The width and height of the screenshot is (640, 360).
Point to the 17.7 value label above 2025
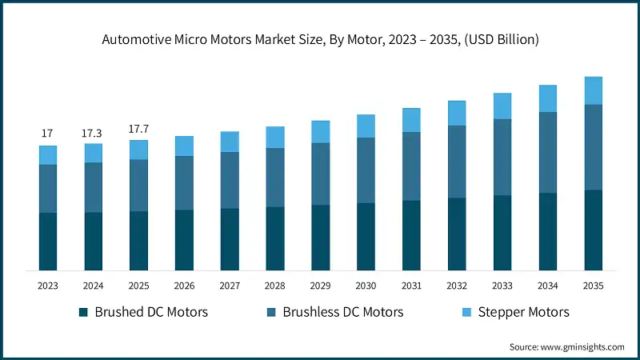point(138,128)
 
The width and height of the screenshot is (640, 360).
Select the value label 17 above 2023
point(48,133)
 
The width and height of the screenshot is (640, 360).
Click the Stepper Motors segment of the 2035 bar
point(593,90)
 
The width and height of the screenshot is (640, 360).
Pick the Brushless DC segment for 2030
point(366,170)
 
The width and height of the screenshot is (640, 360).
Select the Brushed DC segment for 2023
point(48,241)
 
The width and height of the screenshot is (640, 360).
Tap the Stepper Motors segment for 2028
point(275,137)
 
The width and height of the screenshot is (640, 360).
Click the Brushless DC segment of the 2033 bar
point(502,157)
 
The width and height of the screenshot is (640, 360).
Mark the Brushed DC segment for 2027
point(230,238)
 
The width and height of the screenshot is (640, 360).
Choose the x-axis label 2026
point(184,286)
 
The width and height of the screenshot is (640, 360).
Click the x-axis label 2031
point(411,286)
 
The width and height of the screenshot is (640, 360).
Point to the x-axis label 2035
point(593,286)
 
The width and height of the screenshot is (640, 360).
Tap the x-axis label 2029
point(320,286)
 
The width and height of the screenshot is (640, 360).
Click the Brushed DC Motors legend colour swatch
point(83,312)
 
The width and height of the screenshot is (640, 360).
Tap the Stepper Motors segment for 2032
point(457,113)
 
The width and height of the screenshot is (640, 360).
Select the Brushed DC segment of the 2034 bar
point(547,231)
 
